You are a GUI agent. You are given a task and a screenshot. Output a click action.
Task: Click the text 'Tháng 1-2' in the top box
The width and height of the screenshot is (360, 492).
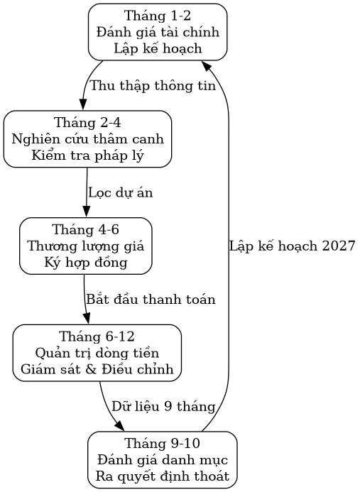tap(157, 15)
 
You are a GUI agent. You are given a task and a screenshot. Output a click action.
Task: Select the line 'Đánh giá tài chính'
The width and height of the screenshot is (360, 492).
tap(157, 32)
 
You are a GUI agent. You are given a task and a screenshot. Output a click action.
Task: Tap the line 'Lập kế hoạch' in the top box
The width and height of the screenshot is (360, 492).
tap(157, 49)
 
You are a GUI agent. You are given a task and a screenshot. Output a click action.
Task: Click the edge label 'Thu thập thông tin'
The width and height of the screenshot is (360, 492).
tap(152, 86)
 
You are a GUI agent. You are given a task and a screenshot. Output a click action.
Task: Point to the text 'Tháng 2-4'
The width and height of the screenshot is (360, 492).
tap(87, 122)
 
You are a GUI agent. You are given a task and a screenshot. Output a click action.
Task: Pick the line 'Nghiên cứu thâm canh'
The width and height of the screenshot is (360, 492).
tap(87, 139)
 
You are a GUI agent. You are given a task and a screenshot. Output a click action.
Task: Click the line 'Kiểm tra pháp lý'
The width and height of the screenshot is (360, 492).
tap(87, 156)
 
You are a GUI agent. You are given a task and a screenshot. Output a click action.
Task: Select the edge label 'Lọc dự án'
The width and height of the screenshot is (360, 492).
tap(120, 192)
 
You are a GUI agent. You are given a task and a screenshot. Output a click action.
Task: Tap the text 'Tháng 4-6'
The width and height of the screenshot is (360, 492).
tap(85, 229)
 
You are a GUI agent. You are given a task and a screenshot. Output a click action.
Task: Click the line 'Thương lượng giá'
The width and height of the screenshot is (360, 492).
tap(85, 246)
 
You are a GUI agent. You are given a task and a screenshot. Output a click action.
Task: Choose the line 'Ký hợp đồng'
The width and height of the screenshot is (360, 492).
tap(85, 263)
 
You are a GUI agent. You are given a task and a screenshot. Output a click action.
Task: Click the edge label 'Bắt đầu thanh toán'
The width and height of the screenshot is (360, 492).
tap(150, 300)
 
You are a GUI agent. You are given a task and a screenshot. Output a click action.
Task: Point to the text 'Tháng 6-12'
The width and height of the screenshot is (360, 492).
tap(97, 336)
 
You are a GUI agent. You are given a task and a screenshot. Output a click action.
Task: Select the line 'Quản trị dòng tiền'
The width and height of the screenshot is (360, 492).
tap(97, 353)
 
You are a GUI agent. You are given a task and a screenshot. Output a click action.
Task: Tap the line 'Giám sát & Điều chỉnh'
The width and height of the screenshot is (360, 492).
tap(97, 370)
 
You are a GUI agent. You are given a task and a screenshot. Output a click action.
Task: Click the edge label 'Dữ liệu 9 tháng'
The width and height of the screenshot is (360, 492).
tap(163, 406)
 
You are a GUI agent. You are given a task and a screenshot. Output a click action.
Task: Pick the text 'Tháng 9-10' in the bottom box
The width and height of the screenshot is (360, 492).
tap(162, 443)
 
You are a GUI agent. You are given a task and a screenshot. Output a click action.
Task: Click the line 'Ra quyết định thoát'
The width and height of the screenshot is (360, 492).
tap(162, 476)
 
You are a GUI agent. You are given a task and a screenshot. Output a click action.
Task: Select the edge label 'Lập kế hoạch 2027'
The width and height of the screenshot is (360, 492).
tap(292, 246)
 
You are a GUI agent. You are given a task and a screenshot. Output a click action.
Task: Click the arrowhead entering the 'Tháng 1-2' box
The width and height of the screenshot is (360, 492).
tap(205, 65)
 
